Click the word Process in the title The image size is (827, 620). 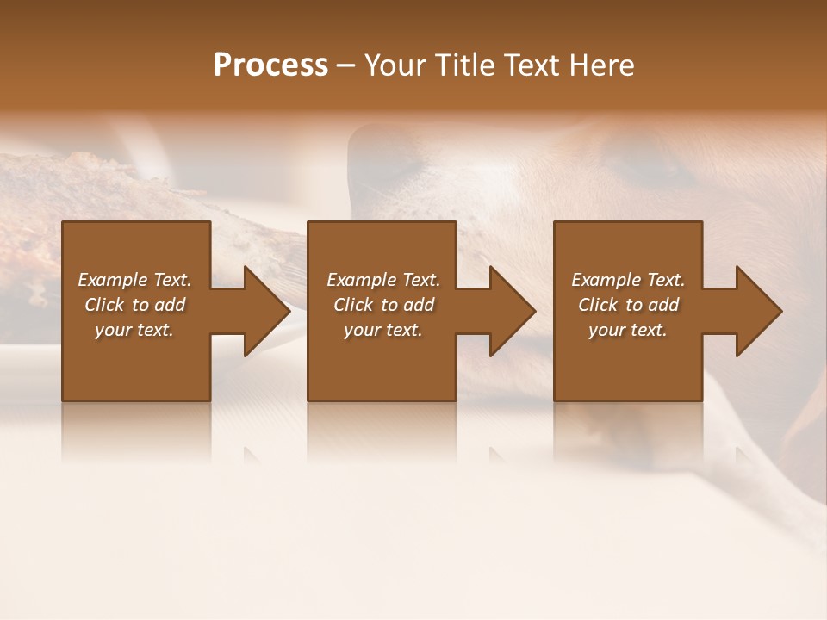(270, 65)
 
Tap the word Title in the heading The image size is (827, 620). (468, 65)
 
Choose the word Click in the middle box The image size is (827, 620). (353, 305)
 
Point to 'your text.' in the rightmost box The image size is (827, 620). (627, 330)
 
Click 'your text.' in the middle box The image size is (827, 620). (382, 330)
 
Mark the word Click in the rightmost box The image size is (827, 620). (598, 305)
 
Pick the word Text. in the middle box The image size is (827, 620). (420, 280)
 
